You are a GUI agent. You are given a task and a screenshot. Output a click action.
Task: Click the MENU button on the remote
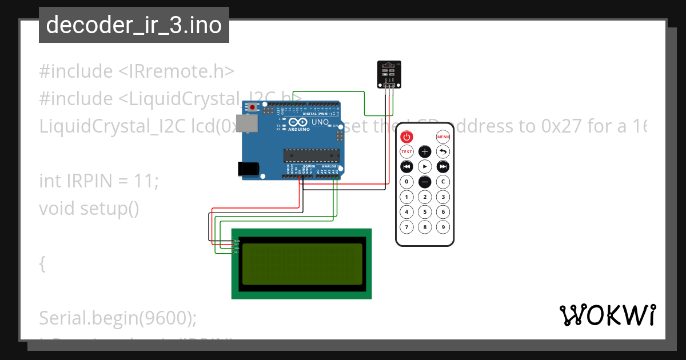coord(443,137)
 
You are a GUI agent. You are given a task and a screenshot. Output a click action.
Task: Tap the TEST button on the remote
coord(406,152)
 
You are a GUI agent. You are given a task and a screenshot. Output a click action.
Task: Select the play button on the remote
coord(425,167)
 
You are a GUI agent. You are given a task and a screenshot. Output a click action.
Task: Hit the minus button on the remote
coord(425,182)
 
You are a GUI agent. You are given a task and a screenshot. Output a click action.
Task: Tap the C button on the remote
coord(443,182)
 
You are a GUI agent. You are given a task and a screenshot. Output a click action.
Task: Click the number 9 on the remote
coord(443,227)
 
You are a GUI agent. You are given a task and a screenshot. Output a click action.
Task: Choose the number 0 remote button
coord(406,182)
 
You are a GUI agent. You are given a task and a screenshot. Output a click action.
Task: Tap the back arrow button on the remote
coord(443,152)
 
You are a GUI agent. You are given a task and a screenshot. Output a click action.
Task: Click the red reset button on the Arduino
coord(252,107)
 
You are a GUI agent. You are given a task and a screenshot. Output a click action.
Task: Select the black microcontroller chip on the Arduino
coord(312,155)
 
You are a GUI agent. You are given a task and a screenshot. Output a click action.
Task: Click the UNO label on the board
coord(320,122)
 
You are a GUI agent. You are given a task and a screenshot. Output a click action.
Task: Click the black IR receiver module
coord(388,74)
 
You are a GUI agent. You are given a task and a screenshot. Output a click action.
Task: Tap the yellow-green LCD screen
coord(302,264)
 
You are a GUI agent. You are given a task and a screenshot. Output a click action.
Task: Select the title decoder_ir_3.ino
coord(134,25)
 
